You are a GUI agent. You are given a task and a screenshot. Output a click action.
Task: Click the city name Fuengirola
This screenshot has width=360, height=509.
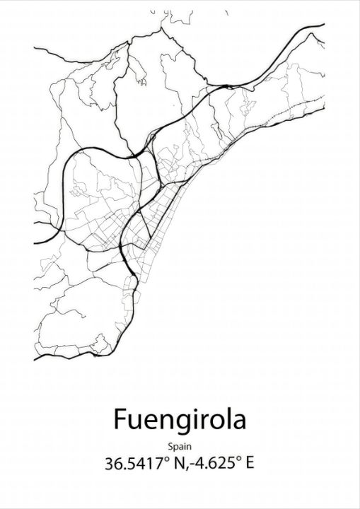[180, 419]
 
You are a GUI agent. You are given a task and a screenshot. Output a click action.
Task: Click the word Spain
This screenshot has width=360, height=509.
[180, 446]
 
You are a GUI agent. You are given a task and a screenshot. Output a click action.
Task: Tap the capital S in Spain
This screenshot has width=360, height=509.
[171, 445]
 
